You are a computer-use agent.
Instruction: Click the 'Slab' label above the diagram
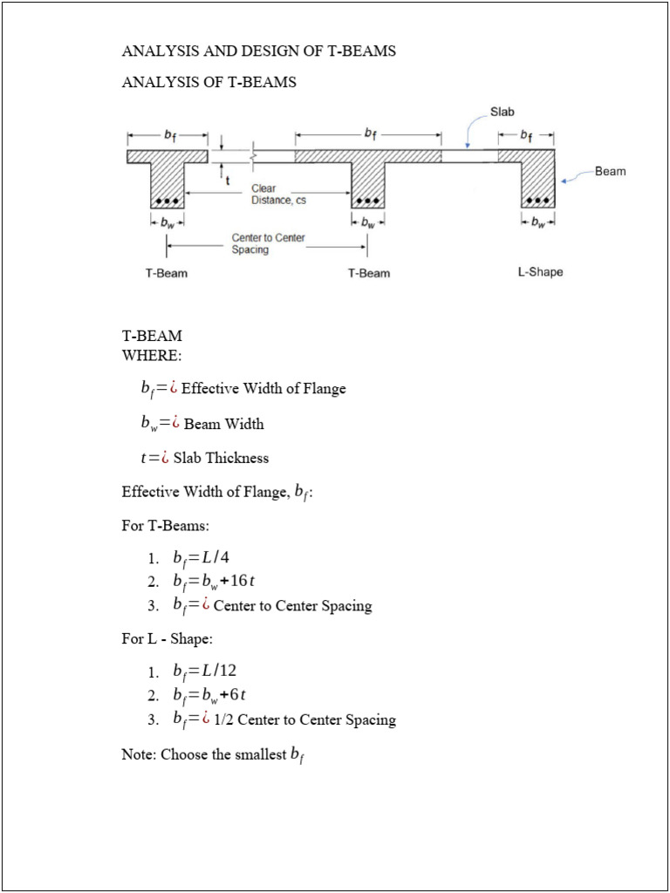coord(502,112)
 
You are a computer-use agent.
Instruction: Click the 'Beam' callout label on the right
coord(610,171)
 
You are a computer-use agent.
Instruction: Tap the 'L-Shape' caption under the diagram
coord(540,272)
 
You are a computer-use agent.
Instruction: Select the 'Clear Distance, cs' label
coord(278,194)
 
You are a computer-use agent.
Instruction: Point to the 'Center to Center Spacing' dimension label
coord(268,243)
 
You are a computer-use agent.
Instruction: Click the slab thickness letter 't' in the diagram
coord(228,181)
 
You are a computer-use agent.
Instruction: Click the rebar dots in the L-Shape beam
coord(537,201)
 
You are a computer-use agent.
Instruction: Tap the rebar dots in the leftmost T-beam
coord(166,201)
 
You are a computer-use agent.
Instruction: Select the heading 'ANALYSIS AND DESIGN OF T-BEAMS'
coord(258,51)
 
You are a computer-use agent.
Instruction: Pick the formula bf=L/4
coord(201,557)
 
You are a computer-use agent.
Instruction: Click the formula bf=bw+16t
coord(213,581)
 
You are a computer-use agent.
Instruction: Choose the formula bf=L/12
coord(204,671)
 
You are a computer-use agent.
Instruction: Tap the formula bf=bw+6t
coord(209,694)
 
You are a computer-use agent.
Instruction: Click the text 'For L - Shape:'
coord(167,639)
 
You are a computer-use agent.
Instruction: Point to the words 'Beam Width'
coord(223,424)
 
